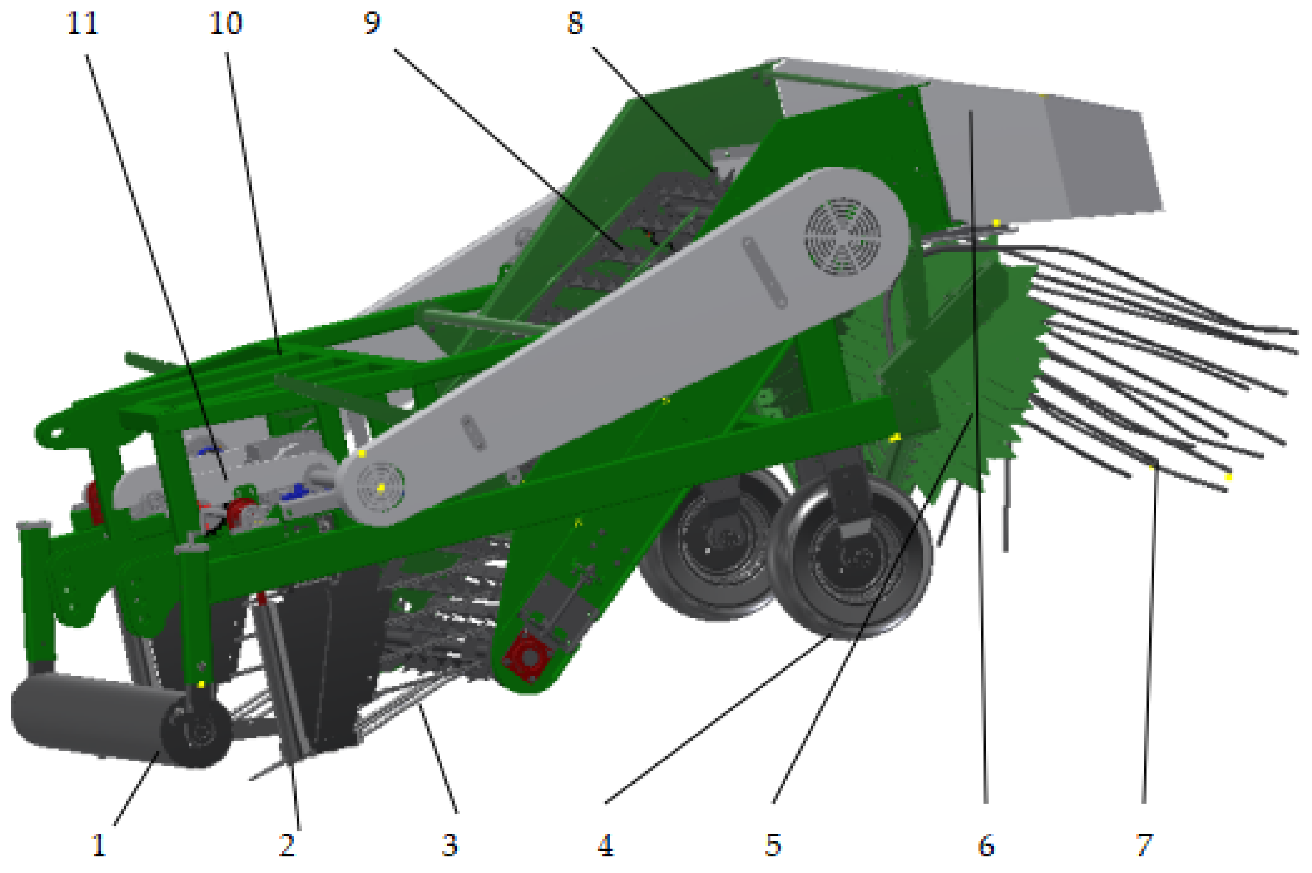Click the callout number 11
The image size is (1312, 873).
pos(82,24)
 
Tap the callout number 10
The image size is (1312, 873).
pos(226,24)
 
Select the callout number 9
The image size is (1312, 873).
pos(371,23)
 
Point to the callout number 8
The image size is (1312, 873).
pos(575,23)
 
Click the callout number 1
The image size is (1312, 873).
pos(99,845)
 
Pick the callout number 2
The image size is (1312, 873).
pos(287,845)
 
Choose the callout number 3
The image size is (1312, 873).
pos(449,845)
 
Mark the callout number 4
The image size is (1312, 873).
pos(605,845)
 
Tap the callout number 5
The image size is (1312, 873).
pos(772,845)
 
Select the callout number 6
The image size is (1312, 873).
pos(986,845)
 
